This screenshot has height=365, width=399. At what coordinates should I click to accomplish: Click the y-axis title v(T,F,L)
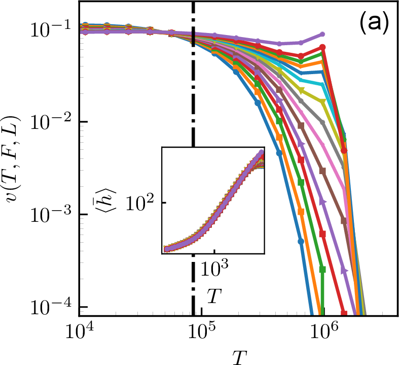pyautogui.click(x=13, y=168)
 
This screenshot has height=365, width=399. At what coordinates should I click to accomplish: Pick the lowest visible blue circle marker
pyautogui.click(x=301, y=241)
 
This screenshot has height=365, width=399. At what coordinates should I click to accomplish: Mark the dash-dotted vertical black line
pyautogui.click(x=193, y=102)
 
